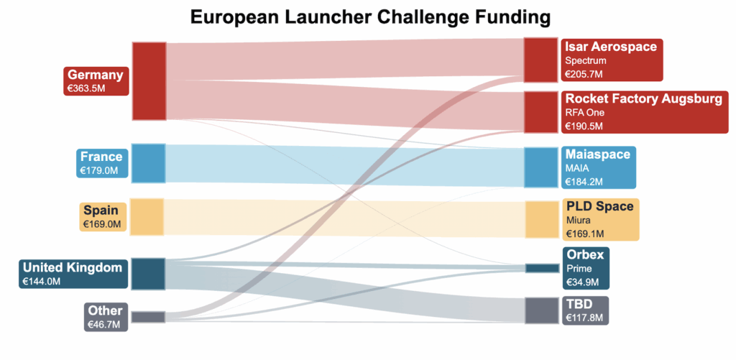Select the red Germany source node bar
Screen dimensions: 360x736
click(149, 80)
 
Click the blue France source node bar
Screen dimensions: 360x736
click(149, 163)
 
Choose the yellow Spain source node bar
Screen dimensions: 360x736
click(147, 216)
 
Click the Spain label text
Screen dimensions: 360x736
click(101, 211)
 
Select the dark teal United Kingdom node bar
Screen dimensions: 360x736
click(149, 274)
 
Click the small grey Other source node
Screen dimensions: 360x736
click(148, 317)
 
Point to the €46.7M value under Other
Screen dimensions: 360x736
click(103, 324)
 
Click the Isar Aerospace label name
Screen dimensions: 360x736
click(610, 47)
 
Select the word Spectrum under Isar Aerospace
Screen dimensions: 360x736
click(585, 60)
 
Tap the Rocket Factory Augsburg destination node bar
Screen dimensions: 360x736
click(540, 111)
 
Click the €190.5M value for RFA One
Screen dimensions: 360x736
click(584, 126)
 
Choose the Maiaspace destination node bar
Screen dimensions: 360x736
click(540, 167)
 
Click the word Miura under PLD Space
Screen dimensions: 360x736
click(578, 220)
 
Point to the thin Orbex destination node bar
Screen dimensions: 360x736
click(541, 268)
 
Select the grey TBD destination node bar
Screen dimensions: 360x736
click(540, 310)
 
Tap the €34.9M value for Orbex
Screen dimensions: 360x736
click(582, 282)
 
